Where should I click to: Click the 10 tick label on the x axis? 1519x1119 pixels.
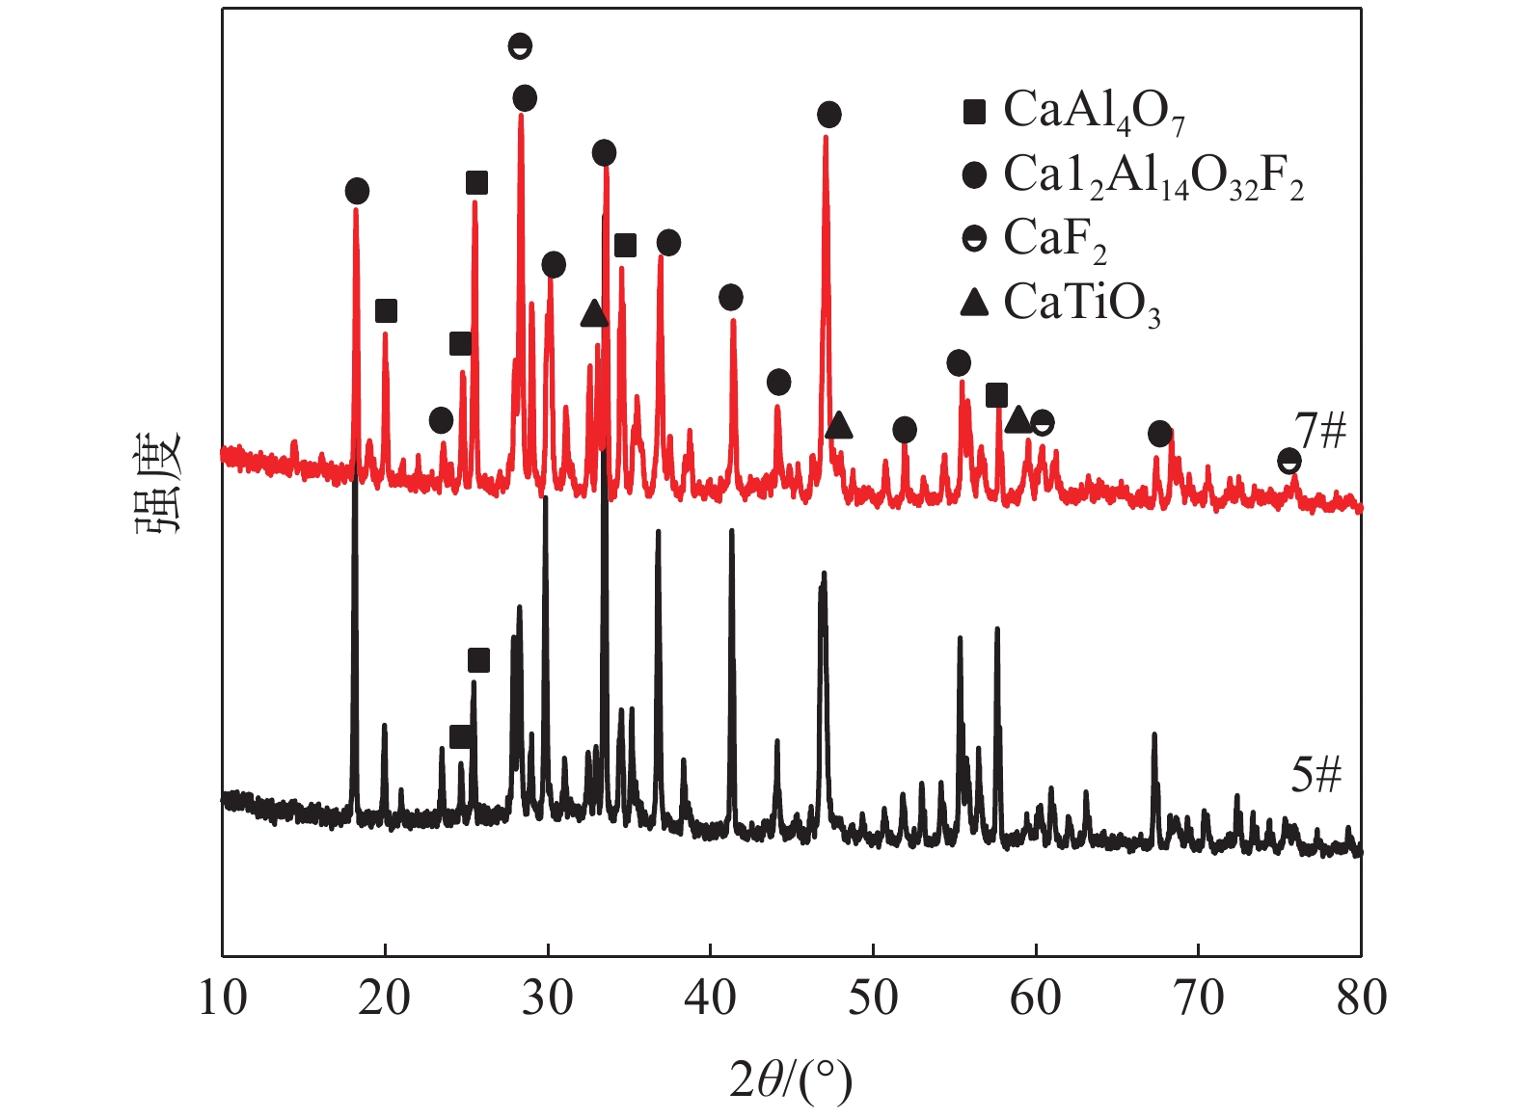[223, 998]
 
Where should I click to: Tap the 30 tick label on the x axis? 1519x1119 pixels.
[548, 998]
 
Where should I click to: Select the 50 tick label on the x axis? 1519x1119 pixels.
[873, 998]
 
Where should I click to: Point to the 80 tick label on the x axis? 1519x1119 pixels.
[1361, 998]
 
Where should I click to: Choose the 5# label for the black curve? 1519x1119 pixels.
[1316, 773]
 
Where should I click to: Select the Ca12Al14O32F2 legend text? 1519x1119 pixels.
[1153, 175]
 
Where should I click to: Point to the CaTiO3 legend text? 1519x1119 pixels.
[1081, 304]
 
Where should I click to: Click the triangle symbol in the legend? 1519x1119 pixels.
[975, 303]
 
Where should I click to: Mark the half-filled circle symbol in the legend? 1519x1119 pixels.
[975, 238]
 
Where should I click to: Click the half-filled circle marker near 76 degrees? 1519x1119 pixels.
[1289, 461]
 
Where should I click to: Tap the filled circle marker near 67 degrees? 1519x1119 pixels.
[1160, 434]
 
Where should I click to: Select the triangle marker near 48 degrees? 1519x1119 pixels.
[839, 424]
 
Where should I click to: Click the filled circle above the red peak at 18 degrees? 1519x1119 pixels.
[357, 191]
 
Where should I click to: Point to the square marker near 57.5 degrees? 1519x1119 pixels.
[996, 394]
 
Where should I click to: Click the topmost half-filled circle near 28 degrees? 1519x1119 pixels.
[520, 45]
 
